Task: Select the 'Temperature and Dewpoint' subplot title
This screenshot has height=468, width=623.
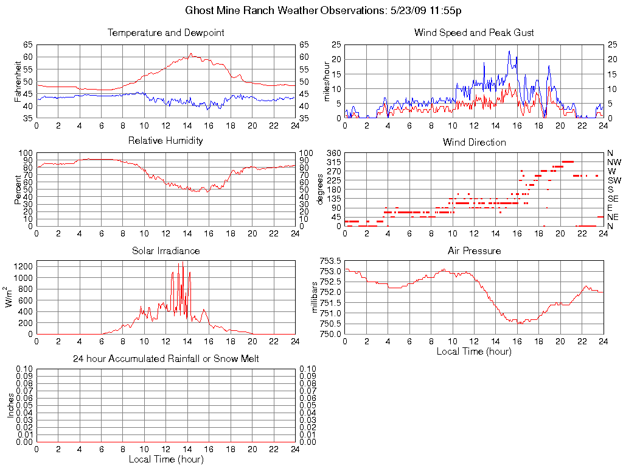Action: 165,33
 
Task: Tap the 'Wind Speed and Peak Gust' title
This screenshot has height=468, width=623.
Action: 474,33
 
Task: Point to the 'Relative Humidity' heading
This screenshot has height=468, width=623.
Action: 165,141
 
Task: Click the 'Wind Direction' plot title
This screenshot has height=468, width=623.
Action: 474,143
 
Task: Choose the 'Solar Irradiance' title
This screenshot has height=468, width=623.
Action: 165,251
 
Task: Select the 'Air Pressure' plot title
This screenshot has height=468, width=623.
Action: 474,251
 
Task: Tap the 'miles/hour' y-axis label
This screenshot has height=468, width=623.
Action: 326,82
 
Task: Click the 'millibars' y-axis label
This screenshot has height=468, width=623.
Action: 315,297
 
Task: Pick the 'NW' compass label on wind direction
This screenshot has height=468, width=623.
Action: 613,162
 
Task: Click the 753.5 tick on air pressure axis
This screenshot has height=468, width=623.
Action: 331,261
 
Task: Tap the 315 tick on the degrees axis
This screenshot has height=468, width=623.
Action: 333,162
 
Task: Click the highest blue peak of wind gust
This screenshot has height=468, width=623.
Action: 509,51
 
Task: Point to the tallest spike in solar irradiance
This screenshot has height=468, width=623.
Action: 183,262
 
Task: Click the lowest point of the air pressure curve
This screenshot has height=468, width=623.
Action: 520,323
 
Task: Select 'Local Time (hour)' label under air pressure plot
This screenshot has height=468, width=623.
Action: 474,352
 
